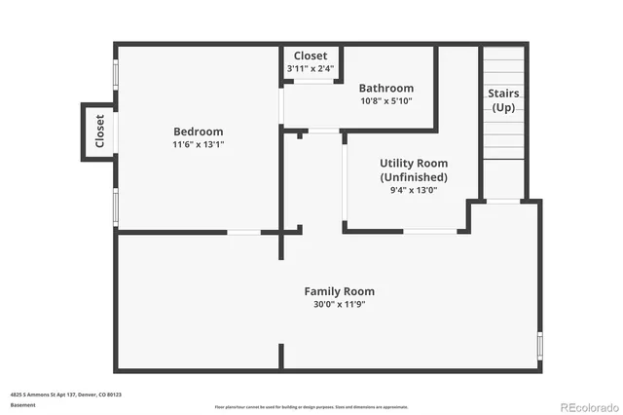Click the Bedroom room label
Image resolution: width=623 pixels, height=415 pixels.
(x=198, y=132)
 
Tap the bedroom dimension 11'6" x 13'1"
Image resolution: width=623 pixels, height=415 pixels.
(x=198, y=144)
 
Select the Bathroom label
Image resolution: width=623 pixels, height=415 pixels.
(x=385, y=88)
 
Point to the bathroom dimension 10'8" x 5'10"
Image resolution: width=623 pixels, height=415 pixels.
(x=385, y=100)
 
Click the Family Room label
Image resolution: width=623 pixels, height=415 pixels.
(x=339, y=290)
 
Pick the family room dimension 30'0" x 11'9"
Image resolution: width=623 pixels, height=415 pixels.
(x=339, y=303)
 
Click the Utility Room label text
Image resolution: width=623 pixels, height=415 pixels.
(x=413, y=165)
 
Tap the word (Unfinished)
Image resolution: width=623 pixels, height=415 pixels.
(x=413, y=177)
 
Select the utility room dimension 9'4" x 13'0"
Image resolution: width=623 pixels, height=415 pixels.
(x=413, y=190)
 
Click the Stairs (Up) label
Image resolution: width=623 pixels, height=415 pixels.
(x=504, y=100)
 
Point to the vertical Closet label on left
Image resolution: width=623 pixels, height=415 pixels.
(x=99, y=132)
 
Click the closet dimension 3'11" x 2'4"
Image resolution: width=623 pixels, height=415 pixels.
(x=311, y=68)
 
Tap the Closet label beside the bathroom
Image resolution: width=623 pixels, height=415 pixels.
(x=311, y=56)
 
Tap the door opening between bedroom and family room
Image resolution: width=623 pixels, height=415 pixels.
(x=243, y=232)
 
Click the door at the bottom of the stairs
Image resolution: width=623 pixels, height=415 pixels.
(x=503, y=201)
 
